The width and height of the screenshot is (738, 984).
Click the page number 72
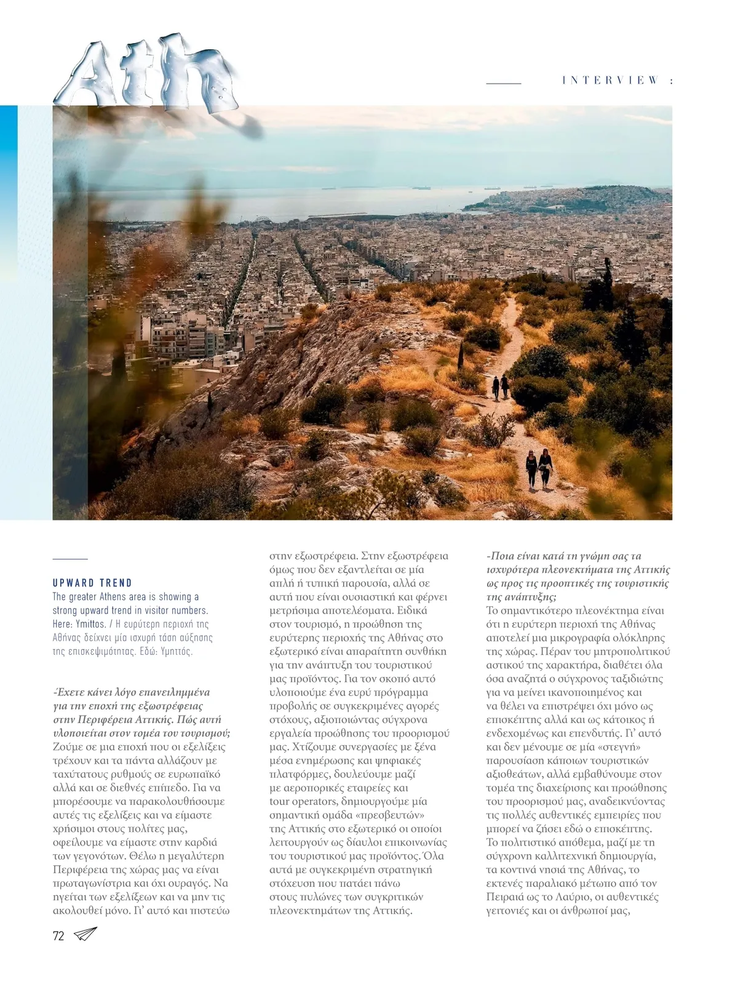pos(58,936)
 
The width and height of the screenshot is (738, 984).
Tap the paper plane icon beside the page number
pos(85,934)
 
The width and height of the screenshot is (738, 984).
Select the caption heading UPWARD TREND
pos(92,583)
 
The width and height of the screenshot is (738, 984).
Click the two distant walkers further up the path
pos(501,386)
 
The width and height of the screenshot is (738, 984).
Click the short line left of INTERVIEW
pos(504,82)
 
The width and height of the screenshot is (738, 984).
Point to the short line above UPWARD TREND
pos(70,559)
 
